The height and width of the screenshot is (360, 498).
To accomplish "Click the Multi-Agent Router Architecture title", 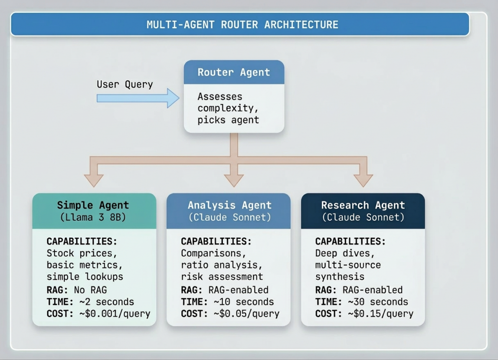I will click(x=242, y=24).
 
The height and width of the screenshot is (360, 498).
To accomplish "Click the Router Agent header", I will click(x=233, y=72).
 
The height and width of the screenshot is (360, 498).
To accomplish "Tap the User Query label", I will click(x=124, y=85).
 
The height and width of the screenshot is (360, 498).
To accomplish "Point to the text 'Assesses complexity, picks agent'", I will click(x=228, y=108).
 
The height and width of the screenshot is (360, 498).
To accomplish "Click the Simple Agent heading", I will click(x=93, y=205).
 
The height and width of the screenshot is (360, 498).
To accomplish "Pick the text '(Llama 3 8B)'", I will click(x=93, y=217).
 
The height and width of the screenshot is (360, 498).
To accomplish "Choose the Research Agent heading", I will click(x=363, y=205).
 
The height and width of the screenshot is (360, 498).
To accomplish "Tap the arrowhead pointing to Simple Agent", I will click(x=93, y=180).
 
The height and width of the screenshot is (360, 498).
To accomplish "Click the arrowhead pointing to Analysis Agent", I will click(x=234, y=180).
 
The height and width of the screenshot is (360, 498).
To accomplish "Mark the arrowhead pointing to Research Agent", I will click(x=363, y=180).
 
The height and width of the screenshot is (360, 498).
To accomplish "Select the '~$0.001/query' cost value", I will click(x=114, y=314).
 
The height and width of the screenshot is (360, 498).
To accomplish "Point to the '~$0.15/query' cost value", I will click(x=380, y=314).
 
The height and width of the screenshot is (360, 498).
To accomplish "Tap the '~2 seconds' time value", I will click(x=106, y=302).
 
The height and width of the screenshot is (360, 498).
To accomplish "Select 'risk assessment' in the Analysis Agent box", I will click(x=222, y=277).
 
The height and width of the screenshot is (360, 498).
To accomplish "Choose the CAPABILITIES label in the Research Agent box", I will click(x=350, y=241).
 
